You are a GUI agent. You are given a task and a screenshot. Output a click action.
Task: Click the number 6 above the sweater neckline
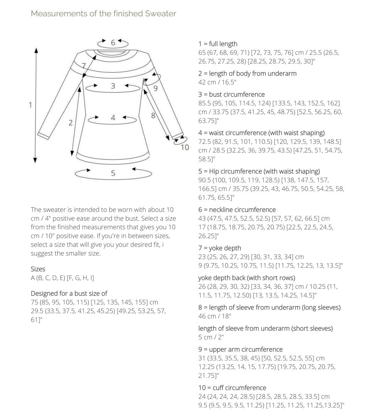click(x=113, y=43)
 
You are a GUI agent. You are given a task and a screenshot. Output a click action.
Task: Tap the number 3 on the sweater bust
click(x=113, y=86)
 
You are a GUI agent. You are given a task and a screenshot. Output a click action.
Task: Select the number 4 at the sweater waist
click(x=113, y=118)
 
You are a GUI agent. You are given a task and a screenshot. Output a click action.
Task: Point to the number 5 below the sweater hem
click(x=113, y=174)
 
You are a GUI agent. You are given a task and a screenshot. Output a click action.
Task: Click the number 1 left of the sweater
click(x=31, y=105)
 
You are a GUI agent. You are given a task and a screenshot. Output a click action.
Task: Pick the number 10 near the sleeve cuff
click(x=184, y=147)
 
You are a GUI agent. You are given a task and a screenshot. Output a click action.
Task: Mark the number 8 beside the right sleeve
click(x=153, y=116)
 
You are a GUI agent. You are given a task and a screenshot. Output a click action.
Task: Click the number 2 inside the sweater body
click(x=71, y=123)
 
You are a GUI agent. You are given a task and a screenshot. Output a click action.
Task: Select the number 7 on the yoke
click(x=84, y=65)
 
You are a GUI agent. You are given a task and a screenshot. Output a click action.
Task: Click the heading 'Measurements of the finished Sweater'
click(x=103, y=14)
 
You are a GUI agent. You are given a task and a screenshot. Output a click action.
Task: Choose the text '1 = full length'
click(x=218, y=44)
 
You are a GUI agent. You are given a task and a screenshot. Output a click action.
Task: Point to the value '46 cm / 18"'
click(x=215, y=316)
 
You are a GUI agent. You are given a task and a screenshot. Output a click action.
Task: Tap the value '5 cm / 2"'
click(x=212, y=337)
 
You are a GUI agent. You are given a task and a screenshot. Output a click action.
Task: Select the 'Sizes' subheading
click(x=38, y=269)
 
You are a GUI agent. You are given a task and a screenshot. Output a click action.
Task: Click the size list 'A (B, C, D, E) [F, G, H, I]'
click(x=62, y=278)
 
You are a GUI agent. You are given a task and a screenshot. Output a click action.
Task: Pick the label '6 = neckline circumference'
click(x=237, y=209)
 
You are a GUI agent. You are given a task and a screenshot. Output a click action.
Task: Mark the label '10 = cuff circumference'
click(x=232, y=388)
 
